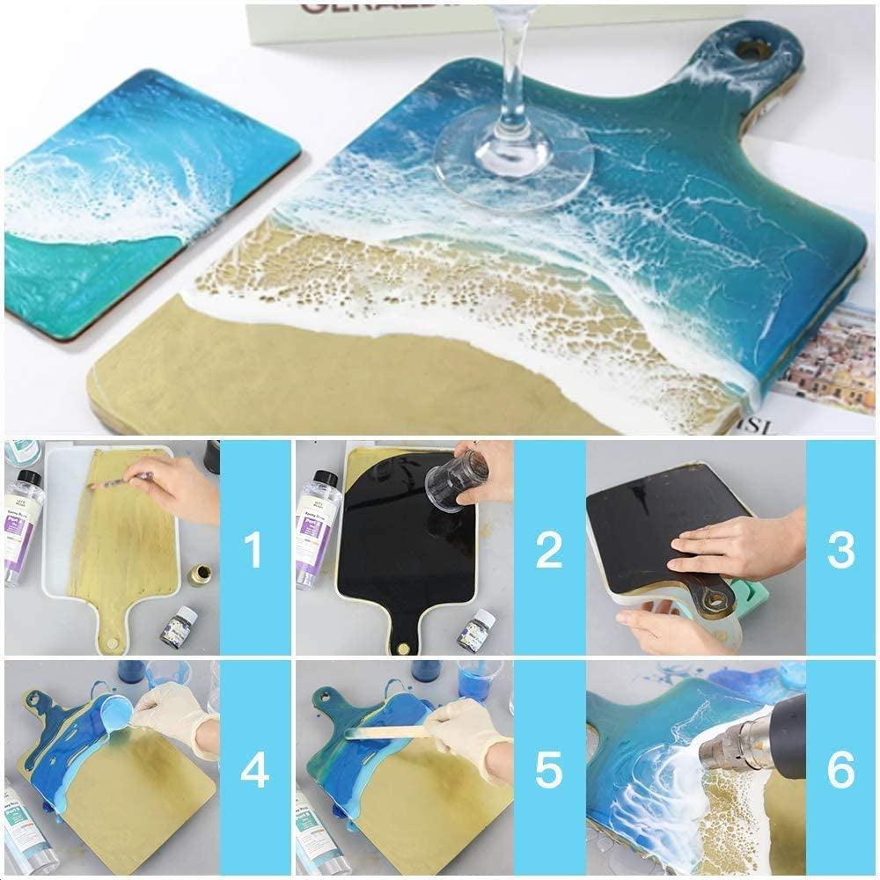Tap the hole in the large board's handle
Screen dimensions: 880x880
click(x=752, y=49)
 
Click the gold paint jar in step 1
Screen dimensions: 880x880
click(x=199, y=575)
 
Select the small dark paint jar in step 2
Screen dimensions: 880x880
click(x=476, y=631)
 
